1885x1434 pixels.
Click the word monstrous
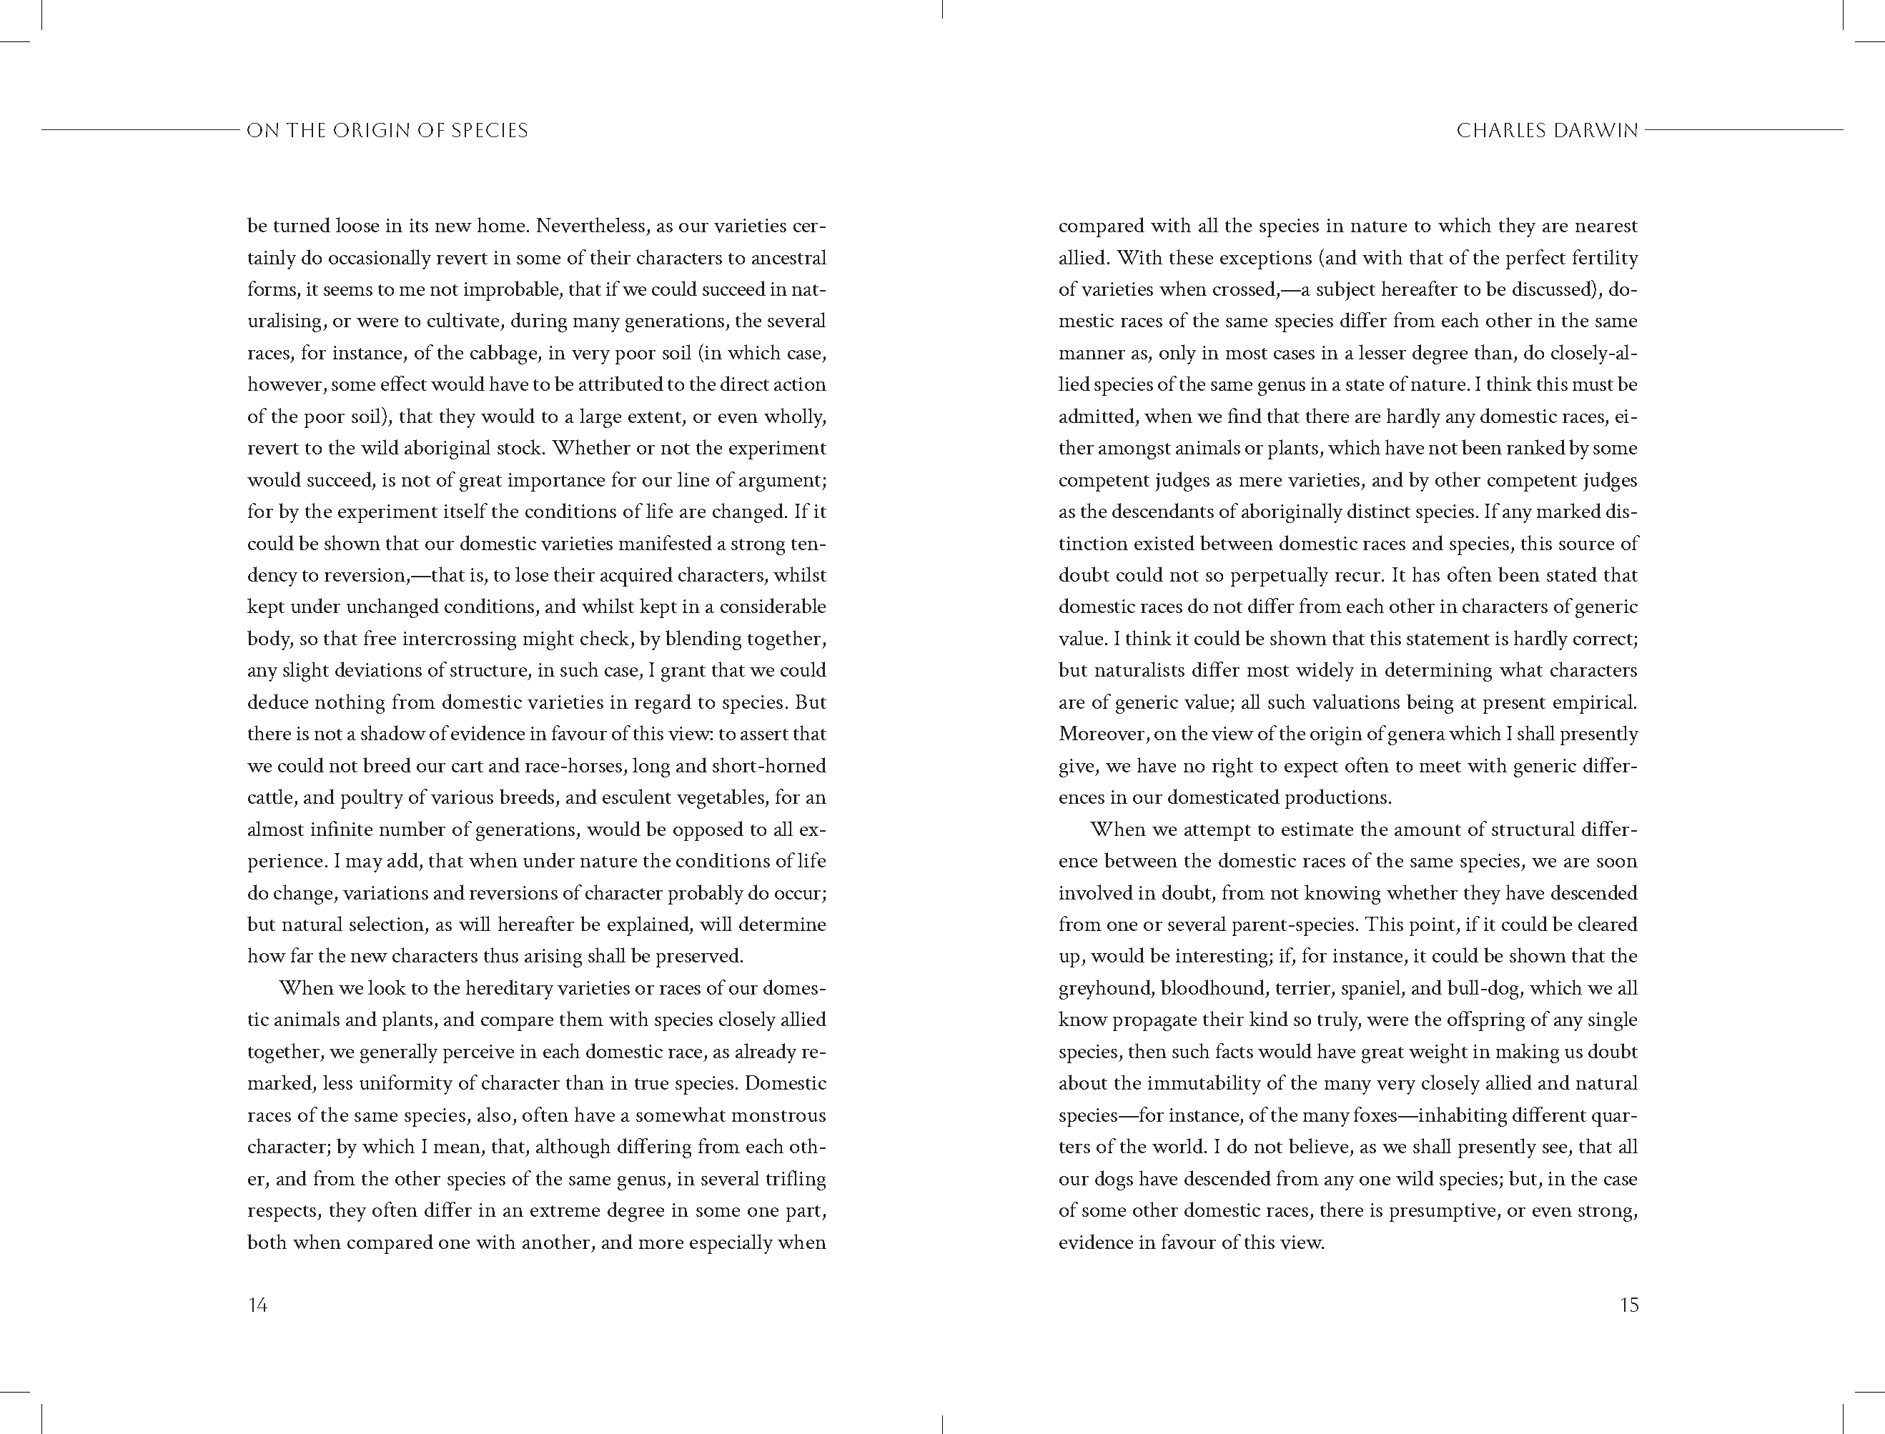coord(773,1115)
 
